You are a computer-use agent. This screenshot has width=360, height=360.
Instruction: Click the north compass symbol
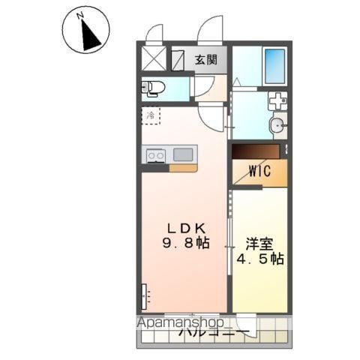(x=87, y=31)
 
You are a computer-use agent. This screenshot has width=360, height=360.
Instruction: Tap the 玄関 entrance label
(x=206, y=59)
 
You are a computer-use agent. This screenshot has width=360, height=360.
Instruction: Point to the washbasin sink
(x=277, y=126)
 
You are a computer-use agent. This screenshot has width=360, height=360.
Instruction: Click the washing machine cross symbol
(x=277, y=100)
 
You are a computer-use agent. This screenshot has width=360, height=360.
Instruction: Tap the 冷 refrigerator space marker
(x=151, y=116)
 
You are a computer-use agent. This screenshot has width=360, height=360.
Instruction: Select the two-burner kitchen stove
(x=156, y=155)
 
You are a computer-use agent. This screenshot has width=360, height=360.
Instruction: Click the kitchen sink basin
(x=183, y=154)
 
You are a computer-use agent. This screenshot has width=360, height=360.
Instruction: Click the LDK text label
(x=181, y=229)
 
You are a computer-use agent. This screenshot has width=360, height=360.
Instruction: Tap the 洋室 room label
(x=259, y=244)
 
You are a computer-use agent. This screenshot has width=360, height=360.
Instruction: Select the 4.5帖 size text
(x=259, y=259)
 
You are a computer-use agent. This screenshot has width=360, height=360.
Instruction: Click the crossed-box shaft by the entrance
(x=154, y=58)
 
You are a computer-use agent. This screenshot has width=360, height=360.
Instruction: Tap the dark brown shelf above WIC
(x=255, y=151)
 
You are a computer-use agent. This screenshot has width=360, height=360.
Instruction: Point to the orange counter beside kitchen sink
(x=183, y=168)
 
